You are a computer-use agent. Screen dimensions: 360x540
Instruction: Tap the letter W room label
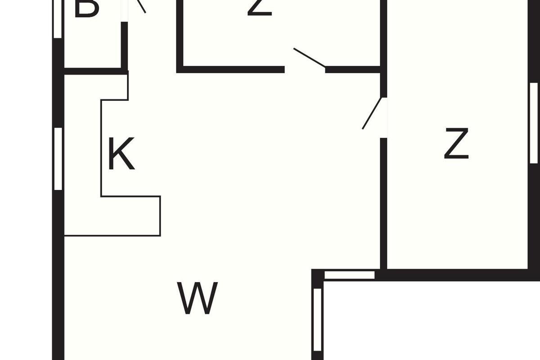tap(198, 298)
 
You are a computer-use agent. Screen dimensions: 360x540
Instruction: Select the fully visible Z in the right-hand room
tap(456, 144)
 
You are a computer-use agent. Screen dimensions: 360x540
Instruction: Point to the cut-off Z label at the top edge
tap(260, 7)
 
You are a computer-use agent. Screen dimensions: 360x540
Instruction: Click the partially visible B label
tap(86, 8)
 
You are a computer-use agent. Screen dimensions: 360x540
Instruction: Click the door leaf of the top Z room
tap(309, 58)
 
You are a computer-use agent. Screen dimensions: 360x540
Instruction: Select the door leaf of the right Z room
tap(372, 113)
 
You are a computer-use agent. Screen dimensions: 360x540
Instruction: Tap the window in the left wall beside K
tap(58, 158)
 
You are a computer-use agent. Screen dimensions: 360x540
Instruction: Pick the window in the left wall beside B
tap(58, 19)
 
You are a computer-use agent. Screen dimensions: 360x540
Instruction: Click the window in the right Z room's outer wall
tap(534, 122)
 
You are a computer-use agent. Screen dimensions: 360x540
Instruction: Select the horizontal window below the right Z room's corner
tap(350, 274)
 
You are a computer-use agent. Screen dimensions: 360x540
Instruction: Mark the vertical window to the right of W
tap(318, 319)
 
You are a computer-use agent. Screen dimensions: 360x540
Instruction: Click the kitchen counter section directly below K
tap(130, 216)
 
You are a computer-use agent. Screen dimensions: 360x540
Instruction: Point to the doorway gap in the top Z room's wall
tap(305, 69)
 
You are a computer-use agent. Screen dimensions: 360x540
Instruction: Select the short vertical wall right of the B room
tap(124, 45)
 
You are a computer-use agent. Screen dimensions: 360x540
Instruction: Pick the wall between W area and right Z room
tap(383, 202)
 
